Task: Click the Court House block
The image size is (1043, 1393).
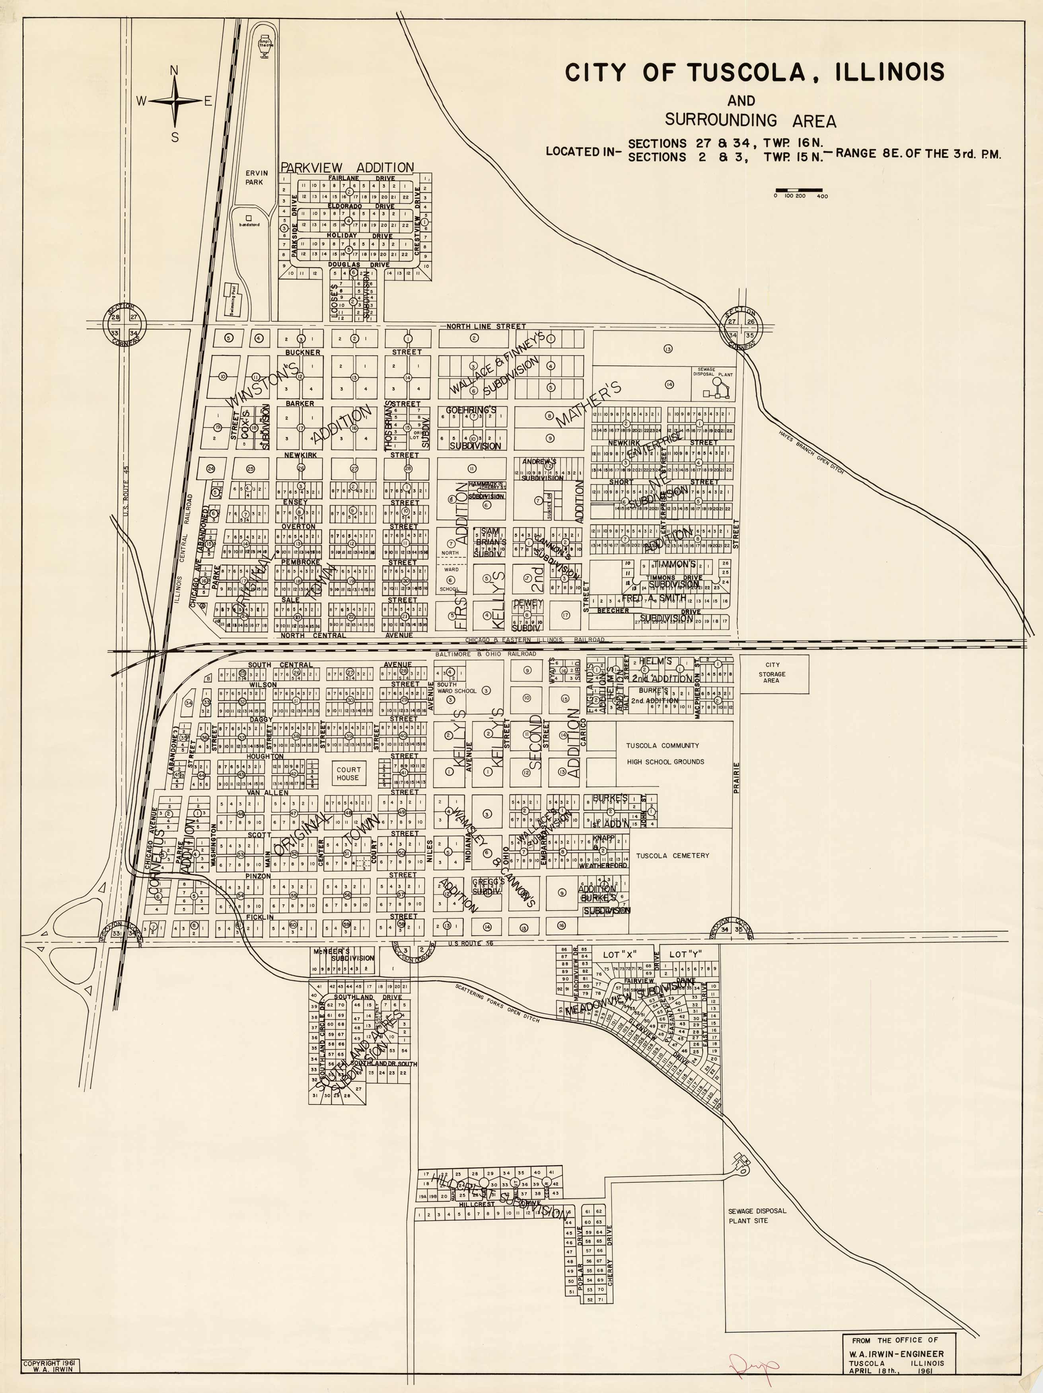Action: [x=348, y=773]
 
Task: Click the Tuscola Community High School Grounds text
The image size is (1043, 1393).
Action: [x=665, y=753]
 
